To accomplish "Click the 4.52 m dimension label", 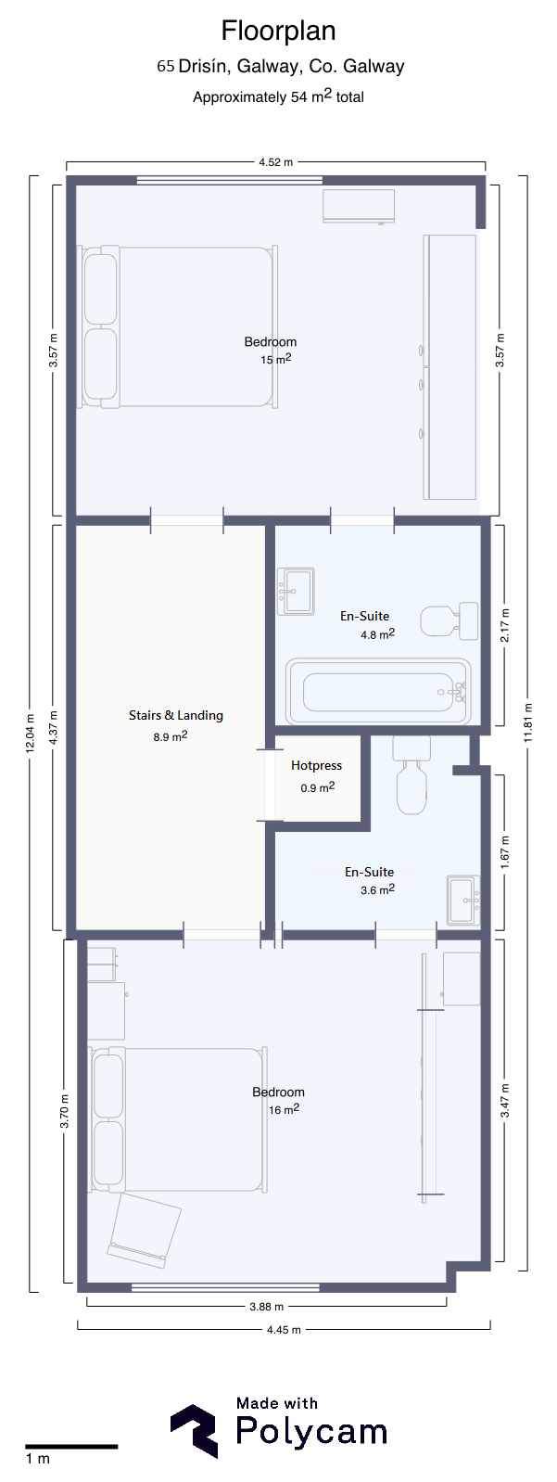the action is [x=276, y=162].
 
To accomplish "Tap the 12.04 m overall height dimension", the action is [x=29, y=734].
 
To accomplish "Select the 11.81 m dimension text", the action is [x=528, y=722].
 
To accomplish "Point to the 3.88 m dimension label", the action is [x=267, y=1307].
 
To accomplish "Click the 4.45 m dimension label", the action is [x=284, y=1330].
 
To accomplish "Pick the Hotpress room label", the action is [x=316, y=765].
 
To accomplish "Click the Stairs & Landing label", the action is [x=176, y=715].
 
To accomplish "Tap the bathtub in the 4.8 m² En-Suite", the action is [x=378, y=691].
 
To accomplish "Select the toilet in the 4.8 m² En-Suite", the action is [x=449, y=620].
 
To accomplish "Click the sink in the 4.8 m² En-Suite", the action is [x=296, y=592].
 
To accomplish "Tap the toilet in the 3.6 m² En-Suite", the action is [x=411, y=774].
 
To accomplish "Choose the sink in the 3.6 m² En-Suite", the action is [x=463, y=900].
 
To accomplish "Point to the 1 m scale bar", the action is [x=71, y=1447].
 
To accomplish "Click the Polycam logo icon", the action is [x=195, y=1431].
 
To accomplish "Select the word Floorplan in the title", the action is [x=278, y=31].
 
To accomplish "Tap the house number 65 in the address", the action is [x=165, y=66].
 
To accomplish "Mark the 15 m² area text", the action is [x=276, y=359].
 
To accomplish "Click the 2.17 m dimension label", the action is [x=505, y=625].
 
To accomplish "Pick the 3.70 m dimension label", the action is [x=64, y=1111].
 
